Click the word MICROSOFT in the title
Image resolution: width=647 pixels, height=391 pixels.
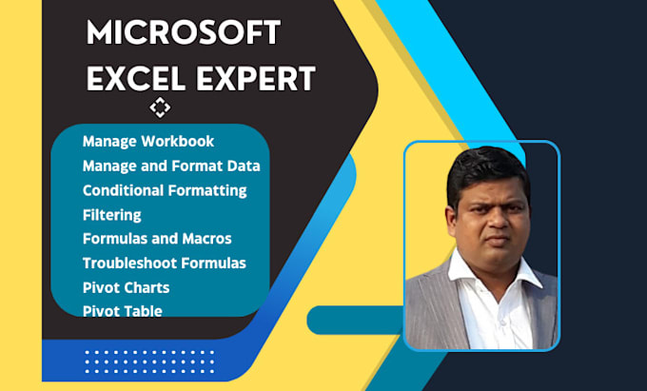pyautogui.click(x=183, y=33)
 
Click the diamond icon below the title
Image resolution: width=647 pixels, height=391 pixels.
pyautogui.click(x=160, y=108)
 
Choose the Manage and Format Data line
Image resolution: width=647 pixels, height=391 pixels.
pyautogui.click(x=171, y=166)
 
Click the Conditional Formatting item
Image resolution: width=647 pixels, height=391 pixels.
pyautogui.click(x=165, y=190)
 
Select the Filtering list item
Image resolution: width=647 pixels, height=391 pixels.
pyautogui.click(x=111, y=214)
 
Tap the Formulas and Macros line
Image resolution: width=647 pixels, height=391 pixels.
pyautogui.click(x=157, y=238)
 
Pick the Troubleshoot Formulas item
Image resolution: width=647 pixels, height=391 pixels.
pyautogui.click(x=165, y=262)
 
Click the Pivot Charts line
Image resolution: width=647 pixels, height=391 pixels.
pyautogui.click(x=126, y=286)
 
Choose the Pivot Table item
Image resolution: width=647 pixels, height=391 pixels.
pyautogui.click(x=122, y=310)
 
